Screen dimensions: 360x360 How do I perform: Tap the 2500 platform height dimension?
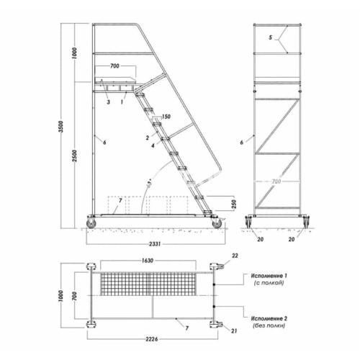75,156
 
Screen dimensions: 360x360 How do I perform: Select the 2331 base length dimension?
155,244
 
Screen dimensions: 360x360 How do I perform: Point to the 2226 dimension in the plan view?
152,339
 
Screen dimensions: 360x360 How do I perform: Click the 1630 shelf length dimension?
147,261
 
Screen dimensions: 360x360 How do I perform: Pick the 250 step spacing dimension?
235,204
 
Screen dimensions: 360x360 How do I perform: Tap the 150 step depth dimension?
166,117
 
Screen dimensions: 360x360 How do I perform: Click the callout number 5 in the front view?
271,37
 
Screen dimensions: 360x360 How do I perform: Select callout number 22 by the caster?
235,256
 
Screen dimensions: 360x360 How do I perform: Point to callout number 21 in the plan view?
234,331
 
